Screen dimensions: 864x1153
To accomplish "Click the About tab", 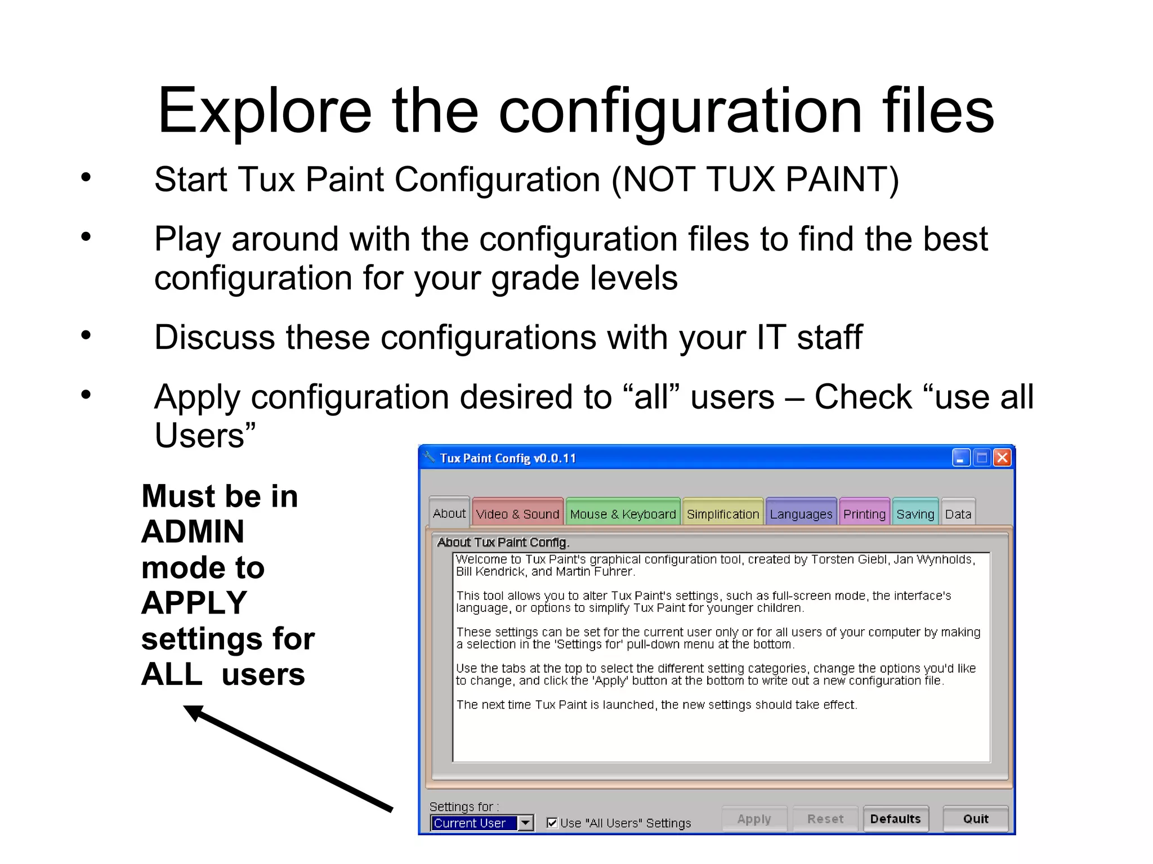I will [x=449, y=513].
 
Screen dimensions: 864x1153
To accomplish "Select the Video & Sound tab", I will [x=517, y=513].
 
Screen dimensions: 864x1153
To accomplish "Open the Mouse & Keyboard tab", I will [x=623, y=513].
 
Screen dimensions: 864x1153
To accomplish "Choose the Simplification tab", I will [x=722, y=513].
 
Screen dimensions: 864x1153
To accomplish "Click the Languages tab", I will [x=801, y=513].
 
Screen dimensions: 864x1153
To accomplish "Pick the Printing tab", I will [x=864, y=513].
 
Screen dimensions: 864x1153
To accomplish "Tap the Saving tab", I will [x=915, y=513].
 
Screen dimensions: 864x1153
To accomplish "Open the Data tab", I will [x=958, y=513].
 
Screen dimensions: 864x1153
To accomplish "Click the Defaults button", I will [x=895, y=818].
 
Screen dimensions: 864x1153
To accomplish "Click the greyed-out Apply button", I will [x=754, y=818].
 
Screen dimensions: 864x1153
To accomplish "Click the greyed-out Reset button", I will [x=825, y=818].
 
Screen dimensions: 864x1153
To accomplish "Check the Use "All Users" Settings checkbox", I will [x=552, y=822].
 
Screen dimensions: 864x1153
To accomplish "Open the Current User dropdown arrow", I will [x=525, y=822].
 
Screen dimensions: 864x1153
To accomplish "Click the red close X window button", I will [x=1002, y=458].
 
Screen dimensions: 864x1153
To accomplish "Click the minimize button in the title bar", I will [x=960, y=458].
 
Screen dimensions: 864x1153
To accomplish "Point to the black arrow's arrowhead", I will [x=193, y=712].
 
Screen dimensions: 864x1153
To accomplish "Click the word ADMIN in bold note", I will [x=193, y=531].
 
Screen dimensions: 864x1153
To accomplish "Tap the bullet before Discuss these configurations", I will [x=86, y=335].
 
